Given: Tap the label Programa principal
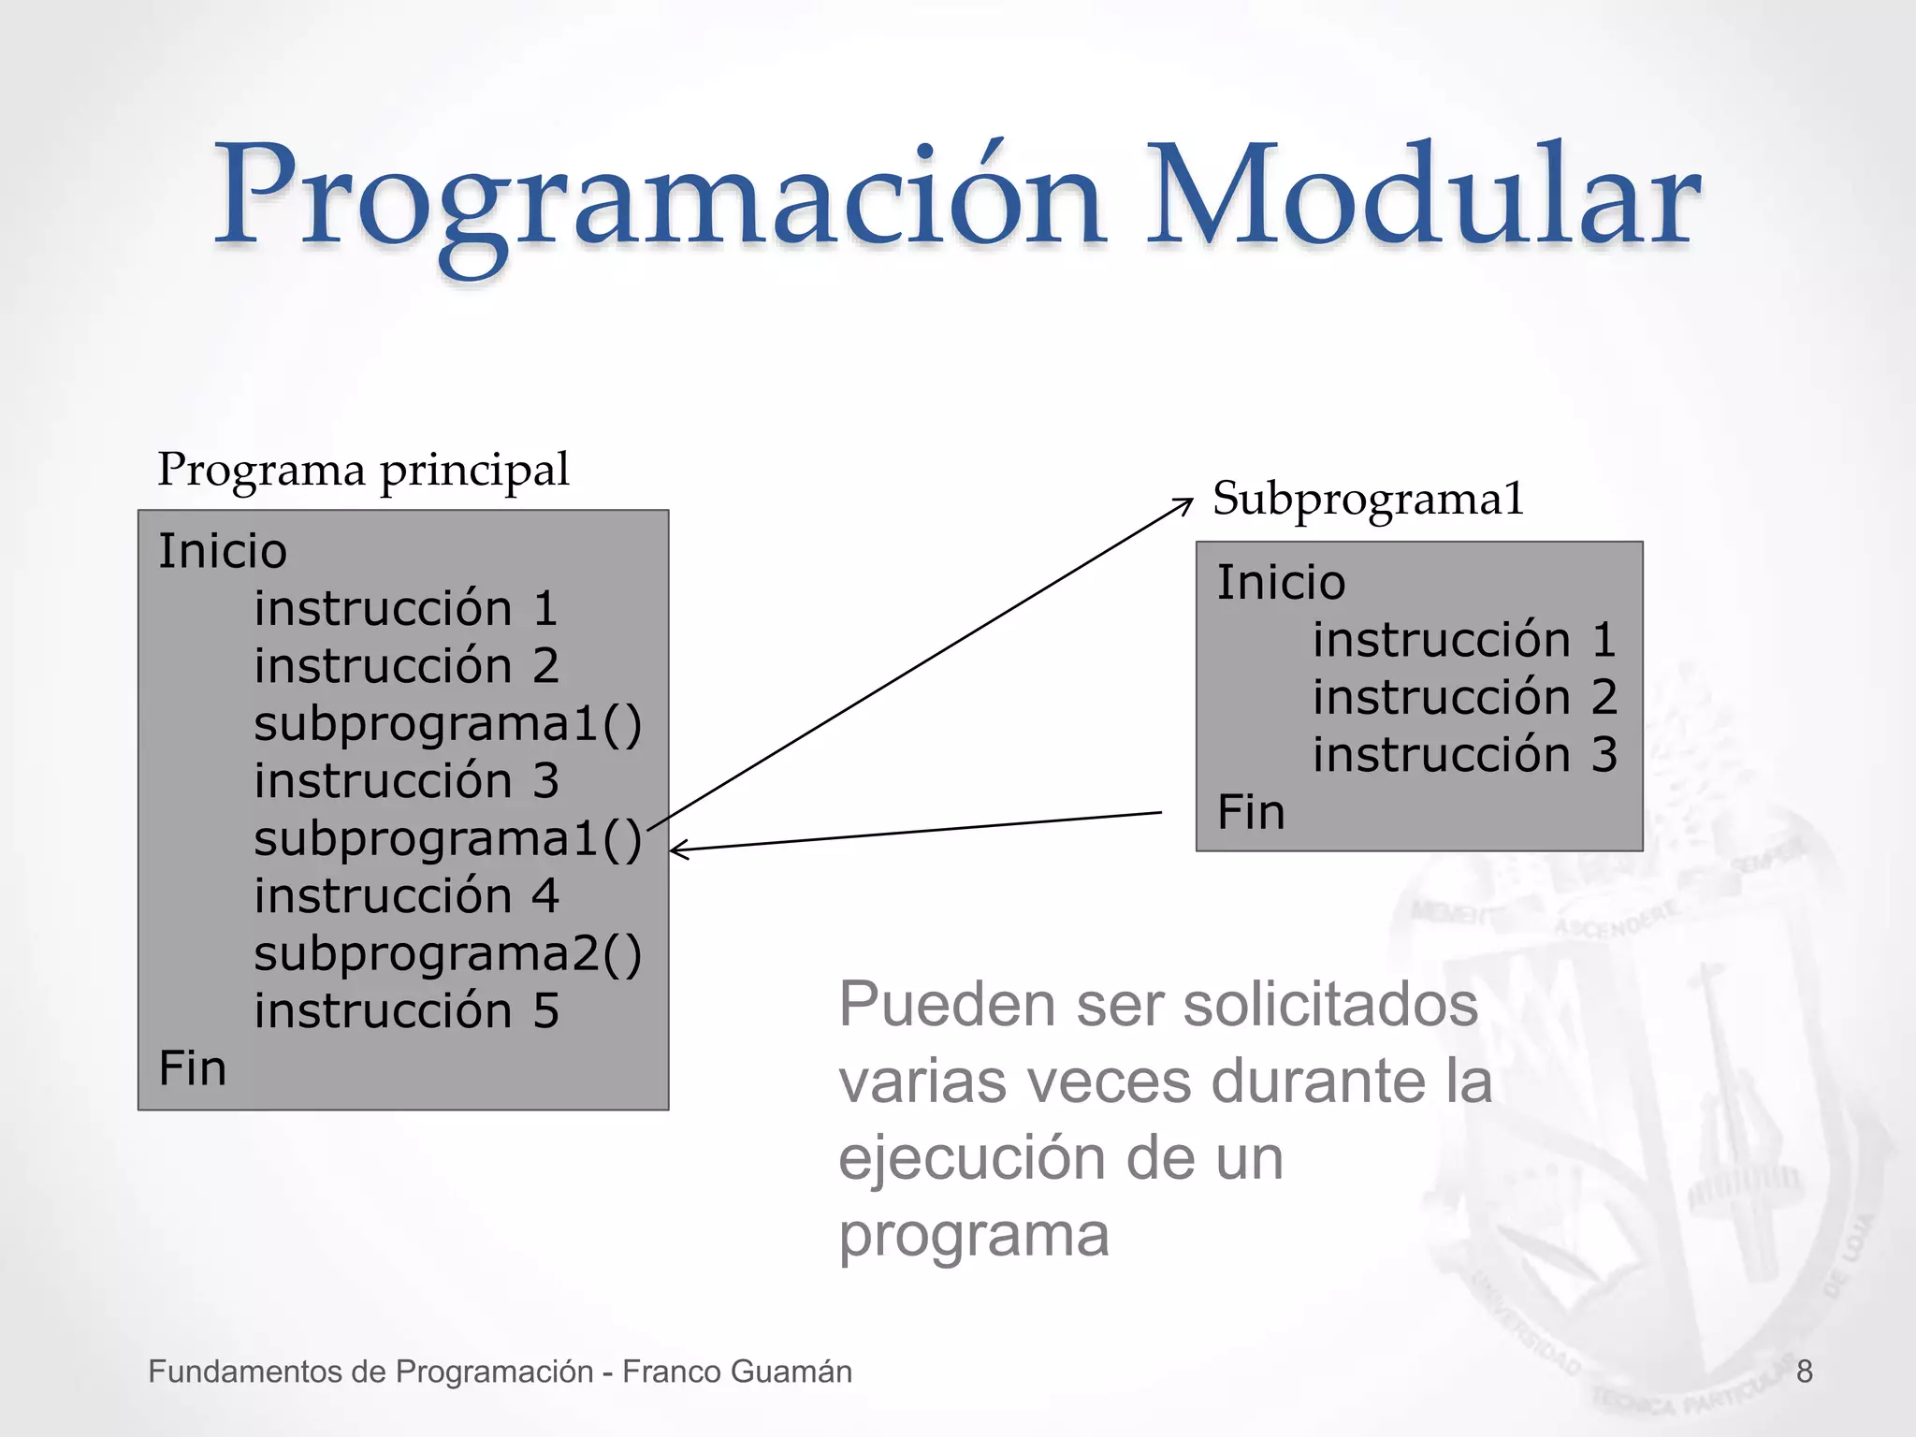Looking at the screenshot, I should click(363, 470).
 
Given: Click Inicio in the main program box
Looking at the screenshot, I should click(222, 551).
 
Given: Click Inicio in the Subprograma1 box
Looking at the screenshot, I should click(1280, 583).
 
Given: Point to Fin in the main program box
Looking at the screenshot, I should click(192, 1068).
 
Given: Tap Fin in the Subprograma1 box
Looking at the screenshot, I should click(1250, 812).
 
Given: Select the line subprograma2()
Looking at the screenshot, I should click(447, 954).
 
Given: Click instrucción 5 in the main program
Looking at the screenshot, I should click(406, 1011).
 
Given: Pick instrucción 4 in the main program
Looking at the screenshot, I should click(406, 896).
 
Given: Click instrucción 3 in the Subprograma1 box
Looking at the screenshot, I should click(1464, 755).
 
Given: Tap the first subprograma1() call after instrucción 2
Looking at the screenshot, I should click(447, 724).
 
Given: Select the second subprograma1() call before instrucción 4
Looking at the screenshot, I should click(447, 839).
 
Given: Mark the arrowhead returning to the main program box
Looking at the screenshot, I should click(677, 849).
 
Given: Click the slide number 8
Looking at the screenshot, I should click(1804, 1372).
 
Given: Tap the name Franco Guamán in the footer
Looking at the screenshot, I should click(736, 1372).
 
